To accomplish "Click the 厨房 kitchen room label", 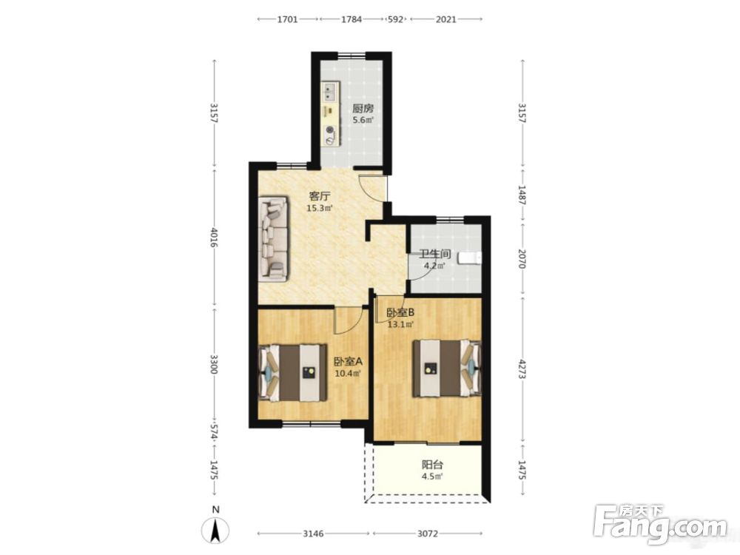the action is (x=363, y=108).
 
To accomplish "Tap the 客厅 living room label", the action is (x=320, y=195).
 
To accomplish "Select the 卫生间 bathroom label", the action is (x=434, y=254).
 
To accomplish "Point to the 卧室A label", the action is (x=348, y=362).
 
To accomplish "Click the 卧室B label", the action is (x=400, y=312).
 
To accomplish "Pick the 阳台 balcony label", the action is (x=432, y=465).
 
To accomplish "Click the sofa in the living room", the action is (x=273, y=239).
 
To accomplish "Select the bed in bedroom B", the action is (x=447, y=368).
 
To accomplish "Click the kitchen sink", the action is (x=330, y=92).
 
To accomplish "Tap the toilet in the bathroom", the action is (x=471, y=258).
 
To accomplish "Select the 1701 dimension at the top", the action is (x=287, y=19).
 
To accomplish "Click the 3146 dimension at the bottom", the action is (x=313, y=534).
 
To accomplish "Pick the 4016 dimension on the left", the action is (x=215, y=238).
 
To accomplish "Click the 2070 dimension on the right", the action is (x=522, y=258).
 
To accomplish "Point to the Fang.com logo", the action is (x=660, y=524).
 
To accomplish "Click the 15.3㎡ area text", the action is (x=320, y=208).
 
